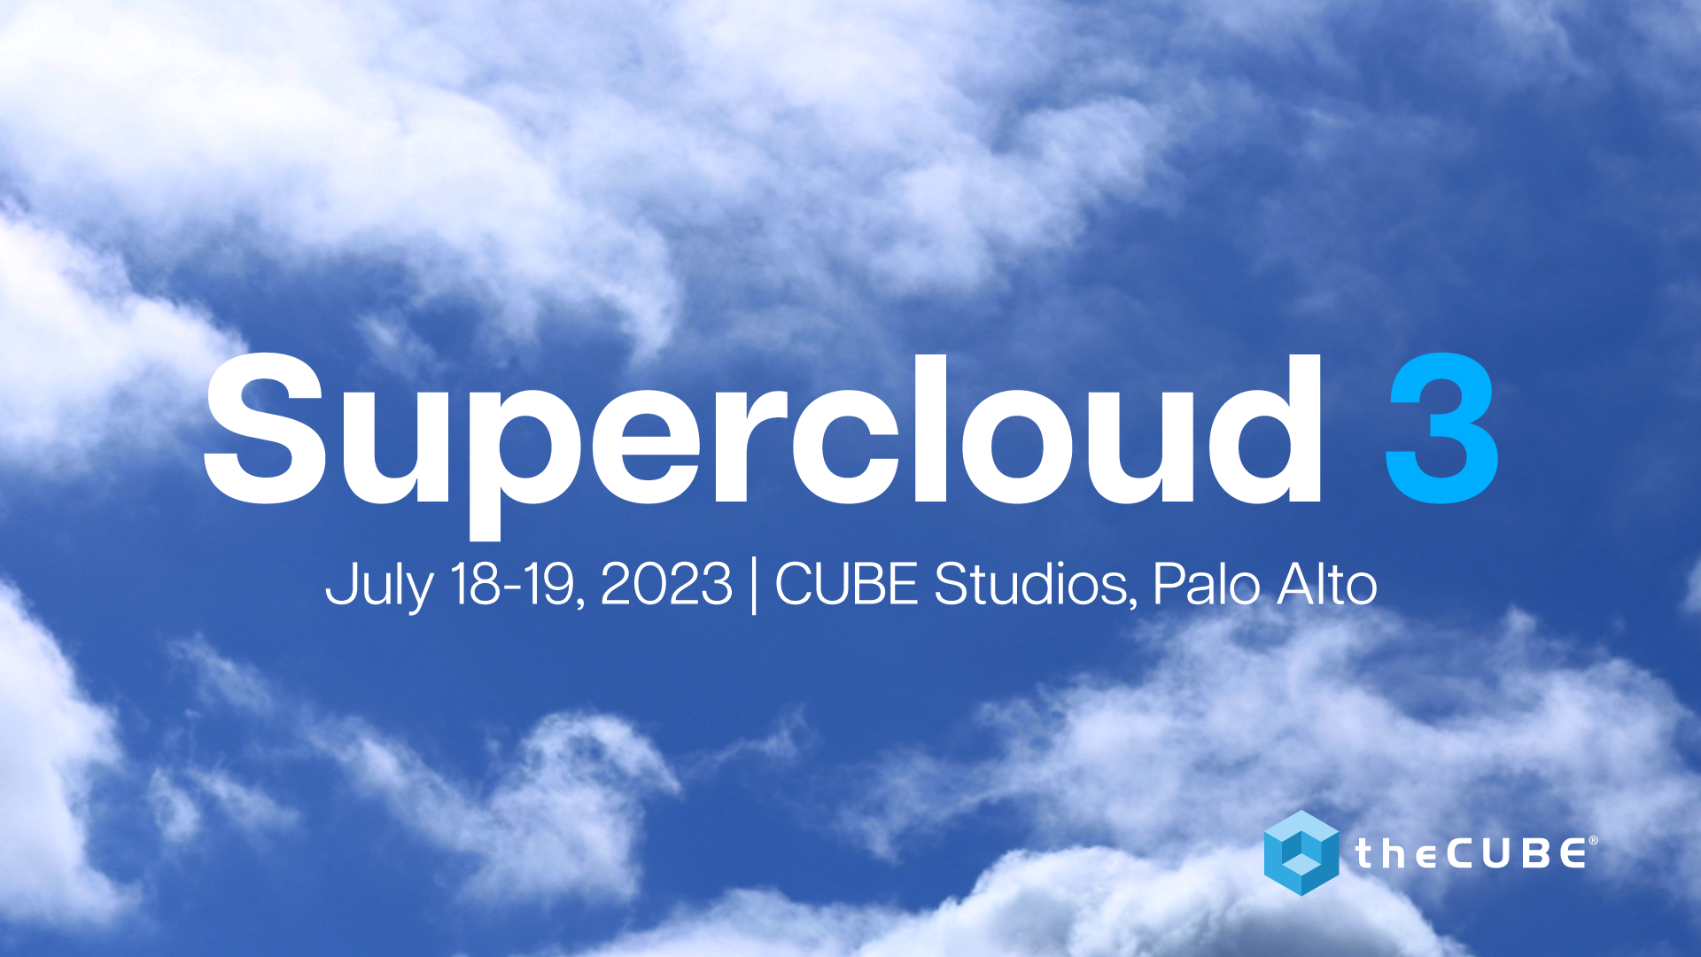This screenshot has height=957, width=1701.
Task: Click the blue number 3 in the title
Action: pos(1441,429)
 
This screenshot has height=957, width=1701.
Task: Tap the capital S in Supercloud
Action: pos(266,429)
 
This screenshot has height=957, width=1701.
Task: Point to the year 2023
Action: pos(666,584)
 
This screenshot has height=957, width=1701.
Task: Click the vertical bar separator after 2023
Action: pos(754,586)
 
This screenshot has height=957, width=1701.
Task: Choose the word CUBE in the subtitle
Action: pos(846,584)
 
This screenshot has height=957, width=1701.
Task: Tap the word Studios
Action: pos(1032,584)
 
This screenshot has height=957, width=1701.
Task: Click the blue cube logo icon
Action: pos(1301,852)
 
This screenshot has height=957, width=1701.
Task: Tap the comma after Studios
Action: pos(1133,603)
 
